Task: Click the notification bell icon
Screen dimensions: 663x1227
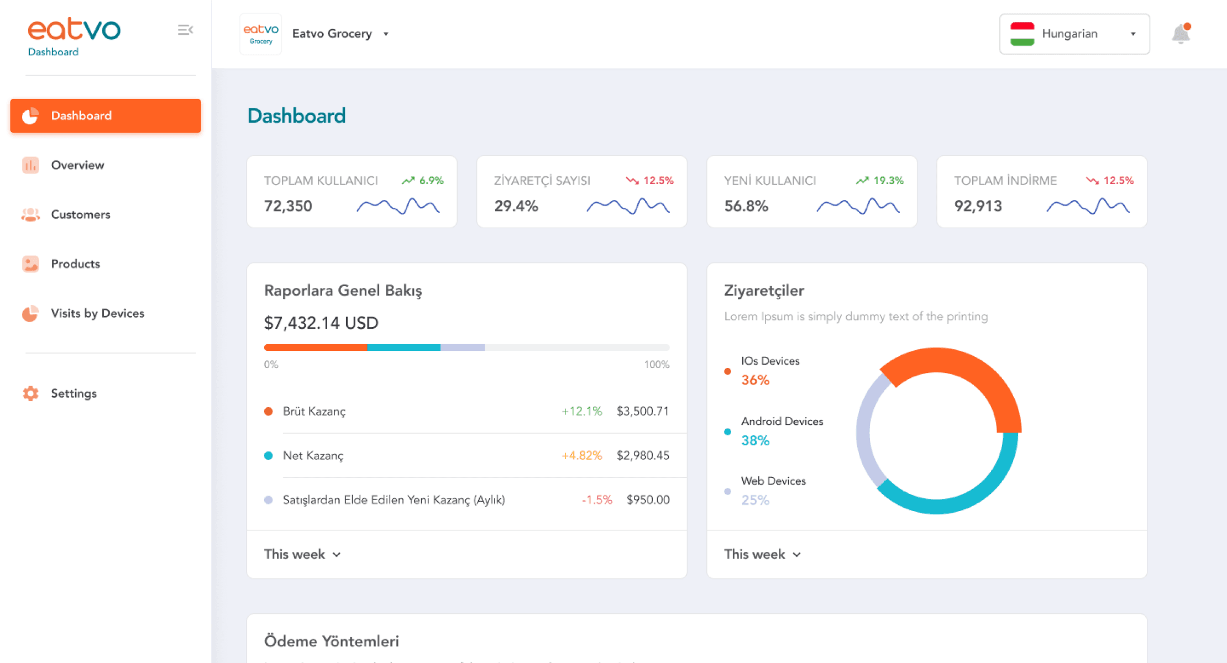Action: pos(1180,34)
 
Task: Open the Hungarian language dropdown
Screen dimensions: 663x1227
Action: pos(1074,34)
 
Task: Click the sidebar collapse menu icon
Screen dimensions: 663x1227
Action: pos(185,30)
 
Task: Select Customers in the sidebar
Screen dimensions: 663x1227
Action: pos(80,214)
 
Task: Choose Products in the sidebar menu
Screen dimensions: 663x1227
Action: pos(75,264)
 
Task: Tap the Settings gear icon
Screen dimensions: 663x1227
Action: pos(30,393)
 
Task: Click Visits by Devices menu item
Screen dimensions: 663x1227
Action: pos(97,313)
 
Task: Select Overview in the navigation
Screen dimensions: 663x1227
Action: pos(77,165)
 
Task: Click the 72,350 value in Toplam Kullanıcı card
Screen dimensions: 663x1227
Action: pos(288,206)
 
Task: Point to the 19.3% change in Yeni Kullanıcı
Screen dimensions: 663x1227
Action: pos(888,181)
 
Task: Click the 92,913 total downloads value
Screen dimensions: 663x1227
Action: pos(978,206)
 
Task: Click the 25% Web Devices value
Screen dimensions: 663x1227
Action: pos(755,500)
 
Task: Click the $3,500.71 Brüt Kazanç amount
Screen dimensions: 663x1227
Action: pos(642,411)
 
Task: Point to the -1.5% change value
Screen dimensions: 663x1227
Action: pos(597,500)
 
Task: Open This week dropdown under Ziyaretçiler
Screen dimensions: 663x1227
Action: pos(762,554)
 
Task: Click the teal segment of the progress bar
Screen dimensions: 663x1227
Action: pos(403,348)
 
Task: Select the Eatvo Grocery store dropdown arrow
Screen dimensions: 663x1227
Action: pos(386,34)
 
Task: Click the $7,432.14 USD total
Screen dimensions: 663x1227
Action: pos(321,323)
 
